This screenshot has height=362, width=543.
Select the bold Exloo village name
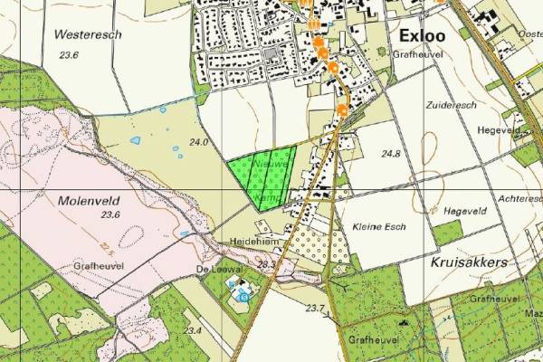423,36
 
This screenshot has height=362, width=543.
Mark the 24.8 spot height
391,154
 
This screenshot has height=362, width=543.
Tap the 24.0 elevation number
198,143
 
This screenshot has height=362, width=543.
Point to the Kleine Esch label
377,225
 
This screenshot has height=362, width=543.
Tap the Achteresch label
519,196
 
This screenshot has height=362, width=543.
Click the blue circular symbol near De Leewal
243,295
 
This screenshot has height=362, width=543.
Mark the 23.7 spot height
315,310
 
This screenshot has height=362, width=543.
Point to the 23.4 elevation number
191,330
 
